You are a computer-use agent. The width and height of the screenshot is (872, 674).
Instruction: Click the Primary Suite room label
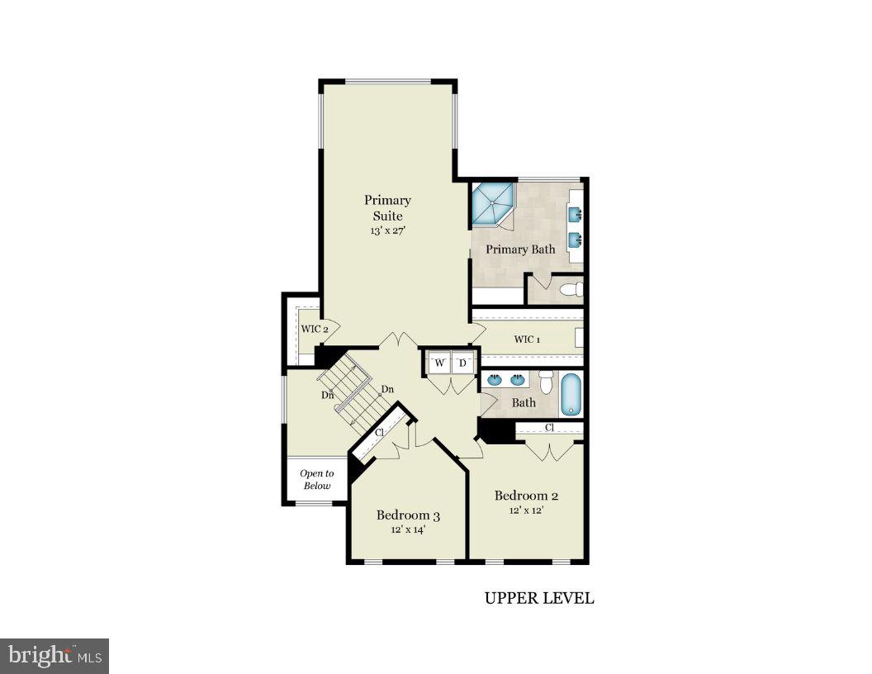click(387, 207)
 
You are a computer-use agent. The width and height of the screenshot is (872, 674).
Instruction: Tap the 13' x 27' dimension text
click(387, 231)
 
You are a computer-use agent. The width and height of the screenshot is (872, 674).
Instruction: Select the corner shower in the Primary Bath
click(491, 205)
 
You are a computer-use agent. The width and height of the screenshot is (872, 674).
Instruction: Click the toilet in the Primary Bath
click(571, 289)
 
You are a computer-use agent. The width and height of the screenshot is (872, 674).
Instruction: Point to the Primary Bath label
click(519, 249)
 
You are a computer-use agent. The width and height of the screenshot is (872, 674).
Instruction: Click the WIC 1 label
click(527, 339)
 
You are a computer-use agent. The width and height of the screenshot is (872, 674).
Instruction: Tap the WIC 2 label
click(315, 329)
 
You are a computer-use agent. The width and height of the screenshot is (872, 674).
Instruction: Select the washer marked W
click(439, 363)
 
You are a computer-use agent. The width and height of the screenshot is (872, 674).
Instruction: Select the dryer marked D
click(463, 363)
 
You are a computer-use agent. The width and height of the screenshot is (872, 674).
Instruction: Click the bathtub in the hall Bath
click(571, 394)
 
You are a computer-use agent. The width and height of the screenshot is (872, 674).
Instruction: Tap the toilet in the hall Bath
click(546, 382)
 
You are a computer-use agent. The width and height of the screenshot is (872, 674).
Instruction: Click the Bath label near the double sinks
click(524, 403)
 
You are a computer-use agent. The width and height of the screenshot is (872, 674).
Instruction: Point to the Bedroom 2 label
click(526, 496)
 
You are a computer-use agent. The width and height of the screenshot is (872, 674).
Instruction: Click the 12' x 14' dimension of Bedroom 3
click(408, 530)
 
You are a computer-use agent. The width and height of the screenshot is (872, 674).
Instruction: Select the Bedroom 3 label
click(408, 515)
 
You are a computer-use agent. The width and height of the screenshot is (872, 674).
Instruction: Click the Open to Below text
click(316, 479)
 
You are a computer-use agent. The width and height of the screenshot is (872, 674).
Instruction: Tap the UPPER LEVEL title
click(538, 598)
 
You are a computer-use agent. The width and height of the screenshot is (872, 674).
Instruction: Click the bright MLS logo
click(54, 656)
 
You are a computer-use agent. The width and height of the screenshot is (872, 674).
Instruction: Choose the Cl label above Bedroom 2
click(549, 428)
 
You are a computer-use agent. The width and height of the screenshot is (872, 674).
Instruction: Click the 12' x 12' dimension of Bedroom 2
click(526, 510)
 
